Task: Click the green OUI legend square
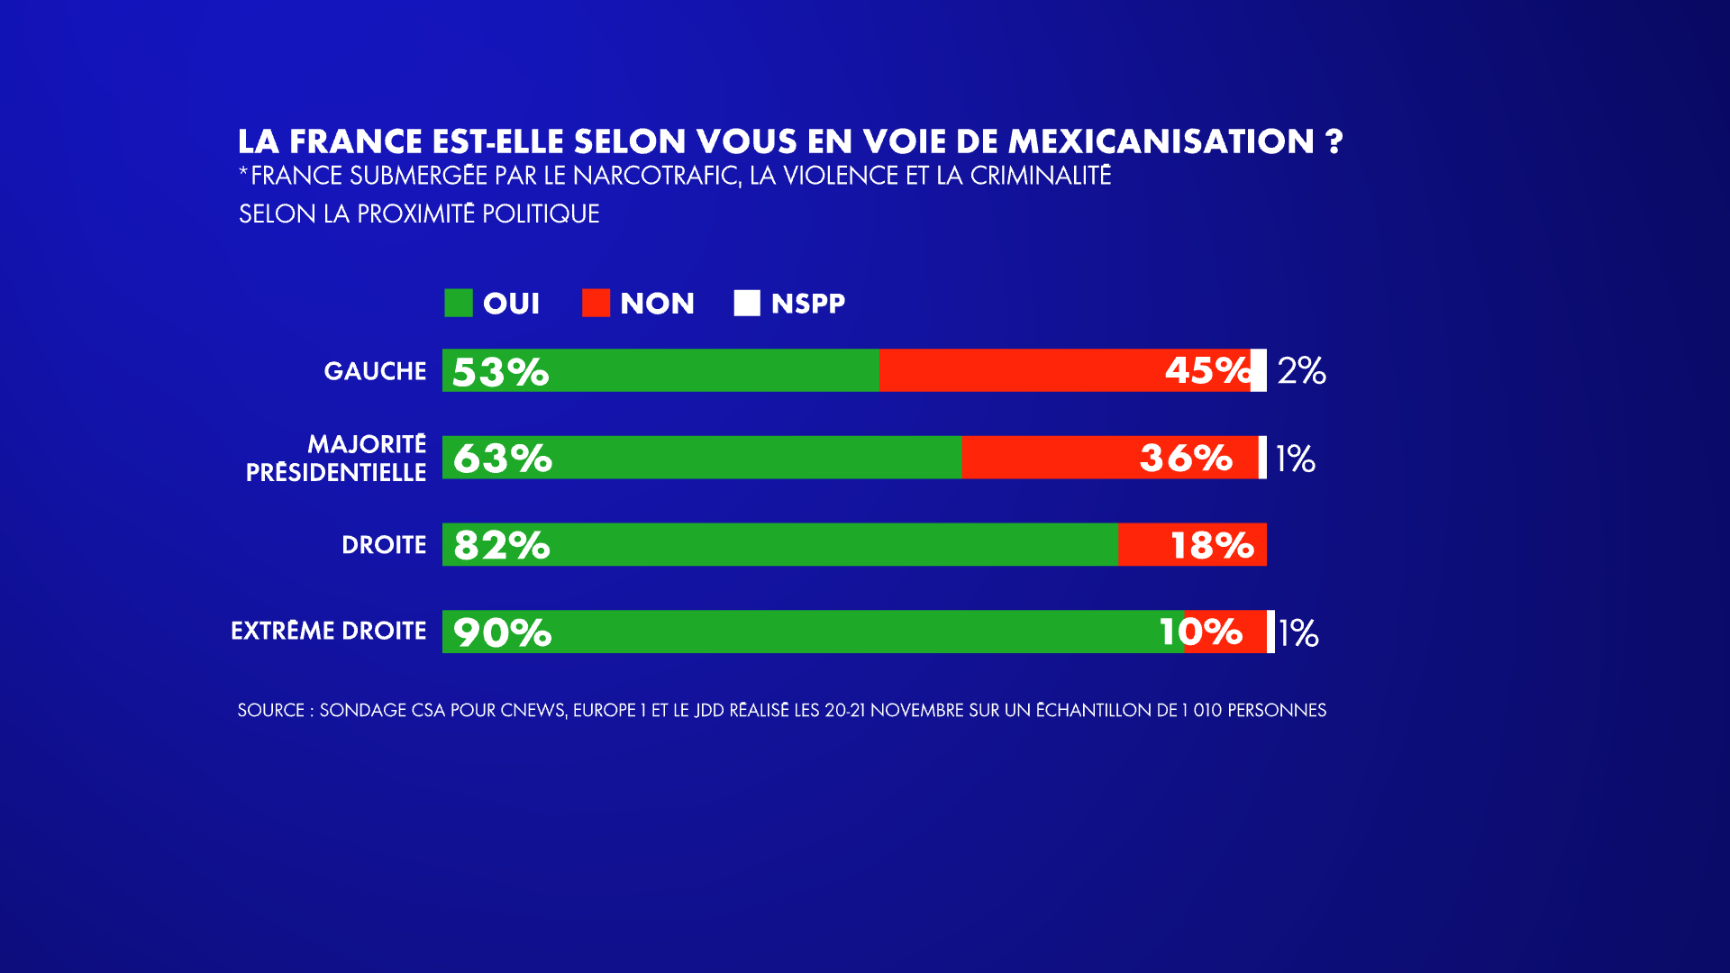[458, 304]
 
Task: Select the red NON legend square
[596, 304]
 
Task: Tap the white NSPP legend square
[747, 304]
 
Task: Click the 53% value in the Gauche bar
[500, 371]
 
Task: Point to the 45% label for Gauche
[1207, 370]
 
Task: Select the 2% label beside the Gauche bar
[1301, 370]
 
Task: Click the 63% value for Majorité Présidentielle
[502, 458]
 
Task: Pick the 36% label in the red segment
[1186, 458]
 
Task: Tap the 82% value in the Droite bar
[501, 545]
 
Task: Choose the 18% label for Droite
[1211, 545]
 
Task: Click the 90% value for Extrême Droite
[502, 632]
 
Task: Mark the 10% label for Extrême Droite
[1200, 632]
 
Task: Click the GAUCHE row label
[375, 371]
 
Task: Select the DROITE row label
[384, 545]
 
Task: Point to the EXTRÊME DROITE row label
[328, 631]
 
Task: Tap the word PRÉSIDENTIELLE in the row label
[335, 472]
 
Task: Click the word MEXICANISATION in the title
[1161, 141]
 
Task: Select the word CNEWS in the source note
[533, 710]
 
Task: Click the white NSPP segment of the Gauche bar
[1259, 370]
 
